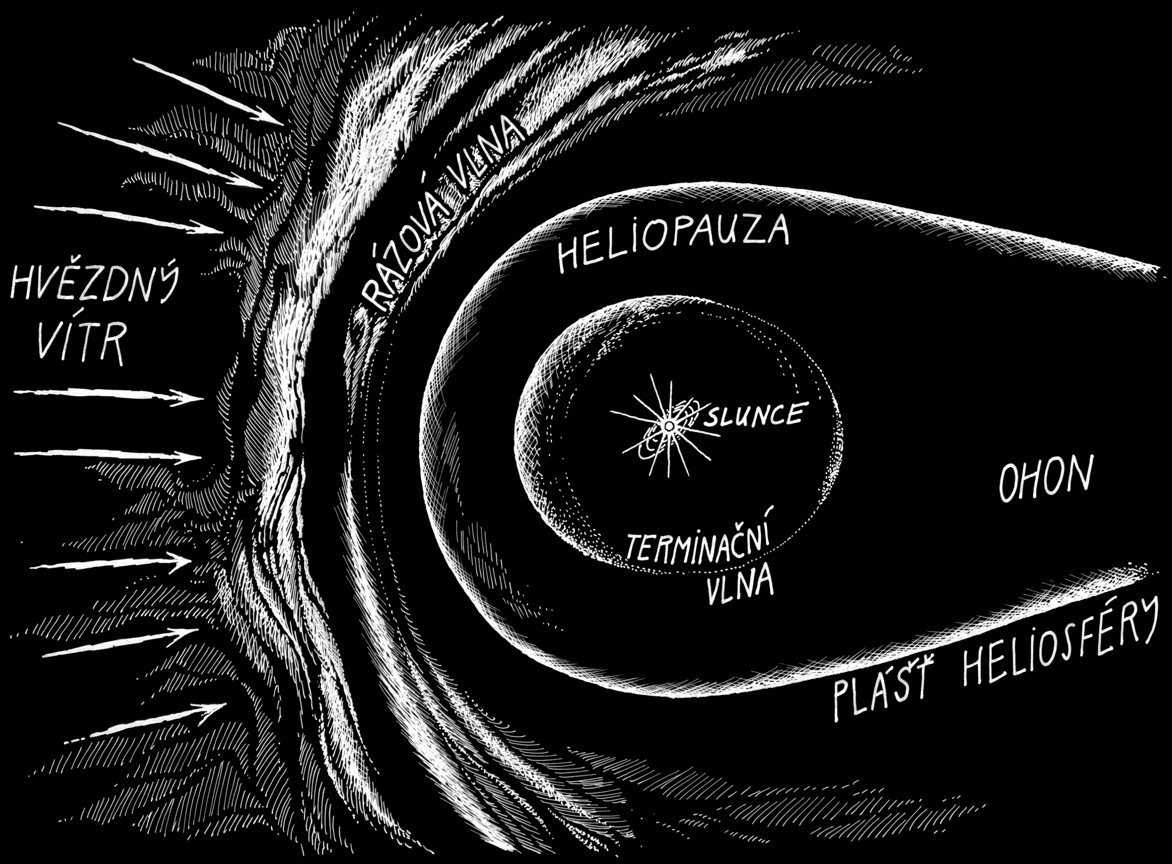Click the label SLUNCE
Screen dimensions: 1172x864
pos(753,414)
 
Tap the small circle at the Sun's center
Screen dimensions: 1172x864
pos(668,426)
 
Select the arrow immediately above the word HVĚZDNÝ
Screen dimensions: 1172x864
pos(128,219)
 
